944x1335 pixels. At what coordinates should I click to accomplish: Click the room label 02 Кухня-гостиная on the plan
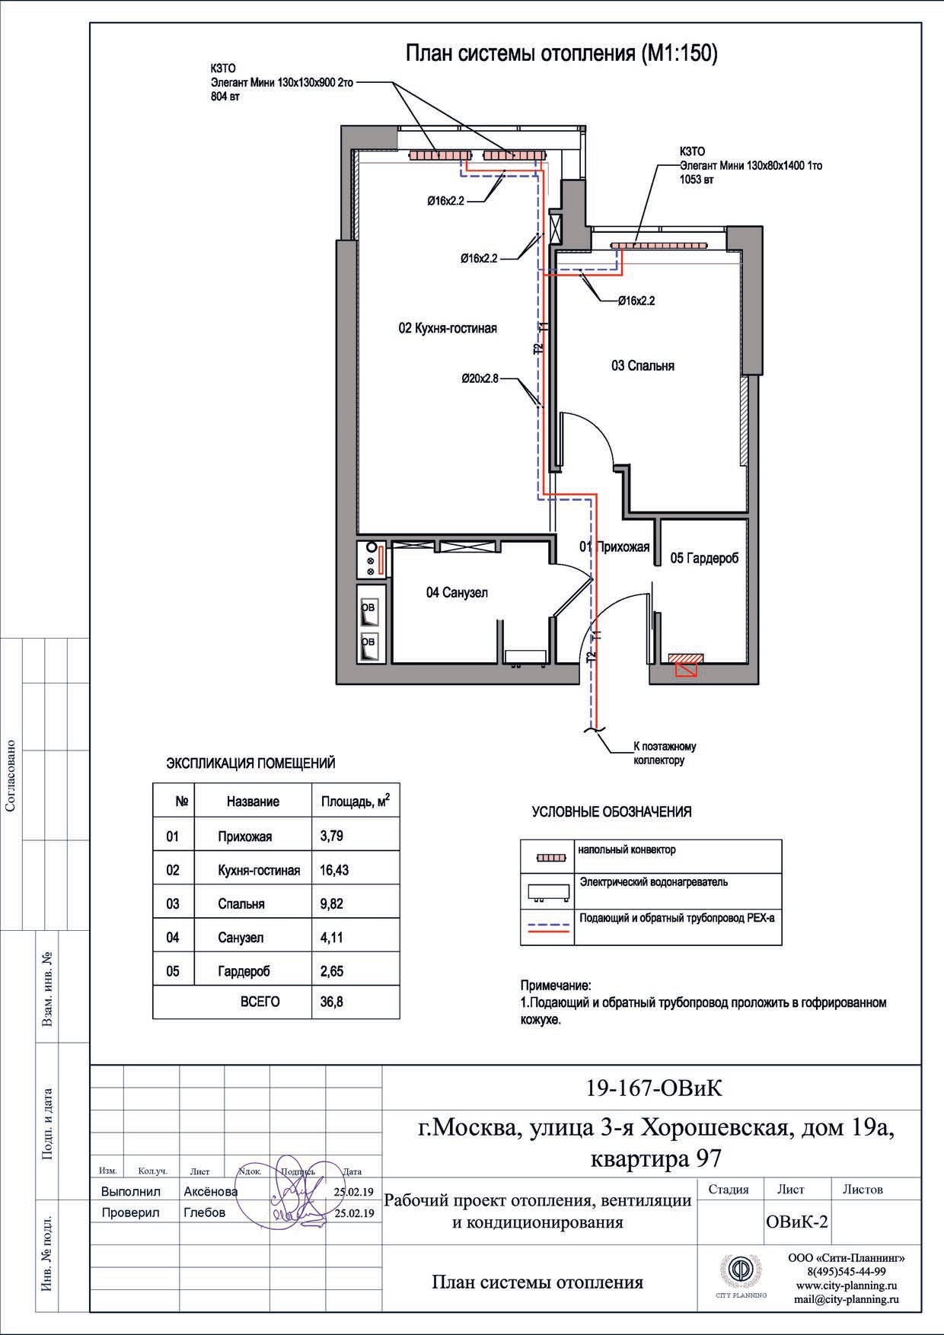pyautogui.click(x=448, y=328)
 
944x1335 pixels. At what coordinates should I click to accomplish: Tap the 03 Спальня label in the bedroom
pyautogui.click(x=643, y=365)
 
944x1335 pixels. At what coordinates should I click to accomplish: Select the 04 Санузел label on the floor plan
pyautogui.click(x=457, y=592)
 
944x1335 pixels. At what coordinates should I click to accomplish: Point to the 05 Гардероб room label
pyautogui.click(x=704, y=558)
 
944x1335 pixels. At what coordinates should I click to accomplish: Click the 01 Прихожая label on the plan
pyautogui.click(x=614, y=546)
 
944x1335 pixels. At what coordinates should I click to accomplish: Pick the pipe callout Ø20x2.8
pyautogui.click(x=480, y=378)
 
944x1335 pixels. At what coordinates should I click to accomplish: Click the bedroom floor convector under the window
pyautogui.click(x=659, y=245)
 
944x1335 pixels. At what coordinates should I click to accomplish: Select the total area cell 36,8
pyautogui.click(x=331, y=1002)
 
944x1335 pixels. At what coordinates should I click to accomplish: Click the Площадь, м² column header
pyautogui.click(x=356, y=801)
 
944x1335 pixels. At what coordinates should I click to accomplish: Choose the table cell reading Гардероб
pyautogui.click(x=244, y=971)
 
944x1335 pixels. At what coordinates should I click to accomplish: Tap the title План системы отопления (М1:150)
pyautogui.click(x=561, y=54)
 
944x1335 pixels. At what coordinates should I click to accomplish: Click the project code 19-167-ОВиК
pyautogui.click(x=654, y=1088)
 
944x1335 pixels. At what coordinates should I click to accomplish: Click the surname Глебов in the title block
pyautogui.click(x=205, y=1212)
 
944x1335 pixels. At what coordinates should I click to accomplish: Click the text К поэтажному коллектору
pyautogui.click(x=665, y=754)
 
